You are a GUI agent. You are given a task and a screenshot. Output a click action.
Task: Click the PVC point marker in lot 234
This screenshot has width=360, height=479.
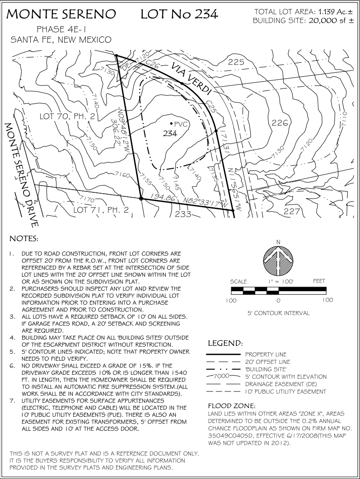[171, 123]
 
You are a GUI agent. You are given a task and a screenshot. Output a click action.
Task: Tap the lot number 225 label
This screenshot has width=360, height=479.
[236, 62]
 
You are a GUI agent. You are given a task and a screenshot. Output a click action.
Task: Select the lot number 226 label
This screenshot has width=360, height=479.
[280, 122]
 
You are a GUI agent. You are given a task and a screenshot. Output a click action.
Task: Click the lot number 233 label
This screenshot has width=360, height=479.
[183, 214]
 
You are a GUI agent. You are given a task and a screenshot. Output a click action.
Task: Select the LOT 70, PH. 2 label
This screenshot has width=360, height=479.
[67, 116]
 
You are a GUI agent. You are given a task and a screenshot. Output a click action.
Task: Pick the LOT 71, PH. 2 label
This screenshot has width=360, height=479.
[101, 209]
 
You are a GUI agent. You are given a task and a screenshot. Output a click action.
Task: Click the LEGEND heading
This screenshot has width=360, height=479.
[226, 344]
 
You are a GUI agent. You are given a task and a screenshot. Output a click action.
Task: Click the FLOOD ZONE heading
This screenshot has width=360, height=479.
[231, 405]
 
